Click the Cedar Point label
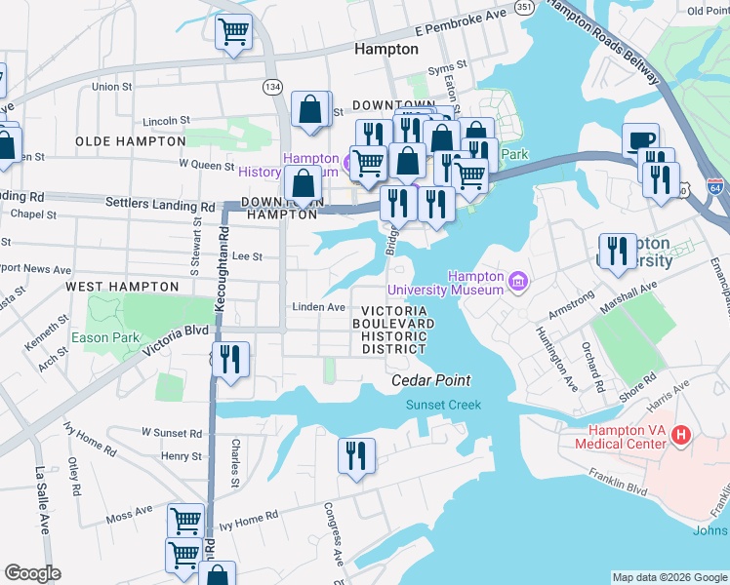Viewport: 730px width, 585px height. tap(430, 381)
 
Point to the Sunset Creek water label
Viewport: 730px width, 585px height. tap(444, 405)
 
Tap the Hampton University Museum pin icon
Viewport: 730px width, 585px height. tap(517, 283)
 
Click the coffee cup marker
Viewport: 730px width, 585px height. tap(640, 140)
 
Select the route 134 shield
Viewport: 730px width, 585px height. tap(273, 88)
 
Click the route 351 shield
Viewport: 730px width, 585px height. tap(525, 8)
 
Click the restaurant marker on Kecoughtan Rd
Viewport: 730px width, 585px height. tap(230, 359)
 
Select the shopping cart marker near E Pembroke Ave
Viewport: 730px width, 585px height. tap(233, 31)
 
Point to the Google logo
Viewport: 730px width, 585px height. tap(32, 572)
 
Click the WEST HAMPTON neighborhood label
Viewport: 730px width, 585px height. tap(122, 287)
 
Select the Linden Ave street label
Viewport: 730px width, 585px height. tap(319, 307)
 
